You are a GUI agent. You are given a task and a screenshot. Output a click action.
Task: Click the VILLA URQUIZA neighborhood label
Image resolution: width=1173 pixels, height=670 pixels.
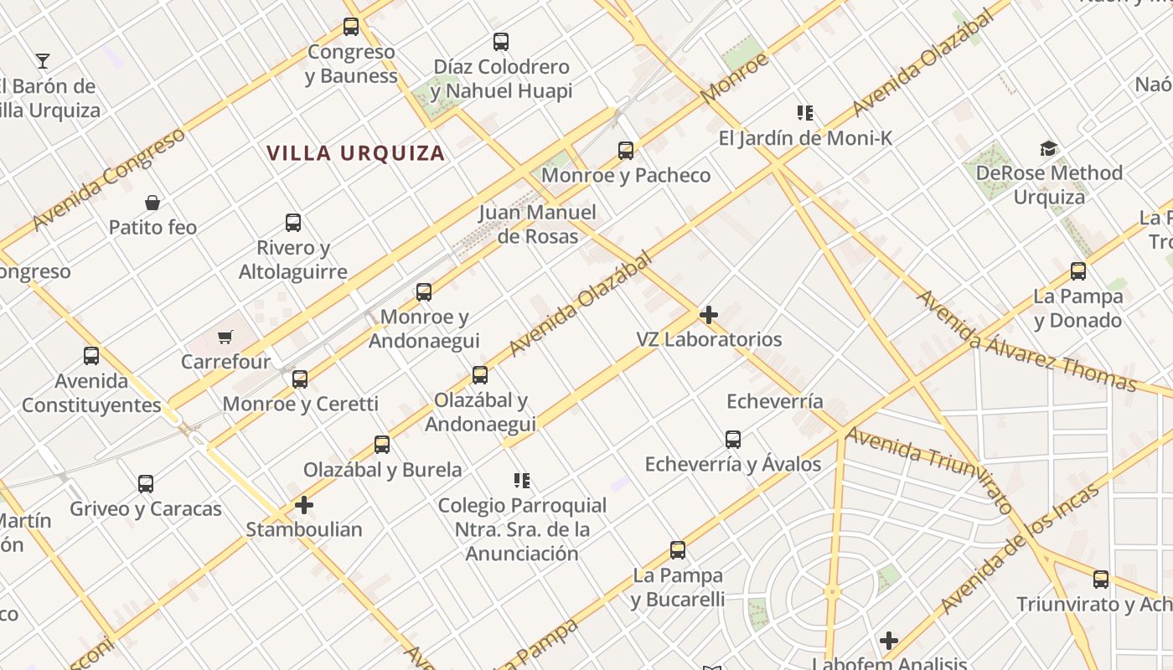(355, 153)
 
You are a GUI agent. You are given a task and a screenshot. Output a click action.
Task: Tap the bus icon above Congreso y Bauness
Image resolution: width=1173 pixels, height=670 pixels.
(351, 27)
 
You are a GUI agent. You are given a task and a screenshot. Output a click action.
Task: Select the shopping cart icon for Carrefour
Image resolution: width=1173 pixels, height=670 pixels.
(225, 338)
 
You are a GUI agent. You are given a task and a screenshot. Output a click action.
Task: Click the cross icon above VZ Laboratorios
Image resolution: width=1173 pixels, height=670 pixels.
(709, 315)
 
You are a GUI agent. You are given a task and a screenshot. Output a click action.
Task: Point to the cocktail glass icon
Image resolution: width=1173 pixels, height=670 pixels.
(43, 60)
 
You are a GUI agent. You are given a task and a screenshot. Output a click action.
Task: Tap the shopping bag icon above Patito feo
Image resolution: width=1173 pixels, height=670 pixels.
(152, 203)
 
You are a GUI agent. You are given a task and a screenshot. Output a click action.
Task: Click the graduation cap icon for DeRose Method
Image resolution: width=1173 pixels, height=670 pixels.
(1048, 148)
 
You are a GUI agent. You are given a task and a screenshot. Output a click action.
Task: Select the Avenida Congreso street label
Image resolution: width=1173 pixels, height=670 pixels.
(109, 179)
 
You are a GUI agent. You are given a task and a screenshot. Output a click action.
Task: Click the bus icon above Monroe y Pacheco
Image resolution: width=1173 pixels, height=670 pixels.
(626, 151)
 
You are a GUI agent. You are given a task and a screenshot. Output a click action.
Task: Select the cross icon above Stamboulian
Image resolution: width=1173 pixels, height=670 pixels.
(304, 505)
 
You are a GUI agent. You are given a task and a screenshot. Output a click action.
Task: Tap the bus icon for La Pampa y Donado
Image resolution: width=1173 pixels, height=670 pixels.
(1078, 271)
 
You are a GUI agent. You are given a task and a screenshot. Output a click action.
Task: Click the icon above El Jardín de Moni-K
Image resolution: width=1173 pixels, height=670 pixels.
(805, 112)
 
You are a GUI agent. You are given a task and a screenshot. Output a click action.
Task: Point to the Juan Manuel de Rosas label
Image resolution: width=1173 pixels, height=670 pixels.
(538, 224)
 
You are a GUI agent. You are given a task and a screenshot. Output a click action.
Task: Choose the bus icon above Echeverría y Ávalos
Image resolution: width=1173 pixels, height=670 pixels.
(733, 439)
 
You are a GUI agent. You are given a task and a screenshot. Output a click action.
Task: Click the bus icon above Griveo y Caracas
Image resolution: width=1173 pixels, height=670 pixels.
(146, 483)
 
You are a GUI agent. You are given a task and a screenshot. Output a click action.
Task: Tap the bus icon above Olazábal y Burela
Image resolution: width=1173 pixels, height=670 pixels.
(382, 444)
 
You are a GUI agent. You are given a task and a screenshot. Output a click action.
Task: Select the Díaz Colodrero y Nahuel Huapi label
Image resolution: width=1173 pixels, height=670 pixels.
(502, 79)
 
